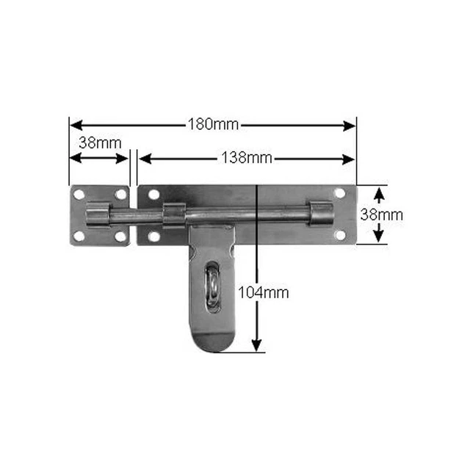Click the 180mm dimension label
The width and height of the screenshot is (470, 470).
(x=214, y=124)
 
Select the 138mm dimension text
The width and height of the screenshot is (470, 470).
(x=247, y=158)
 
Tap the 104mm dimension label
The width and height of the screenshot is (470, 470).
(x=264, y=292)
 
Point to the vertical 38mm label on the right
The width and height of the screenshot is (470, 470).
(x=382, y=215)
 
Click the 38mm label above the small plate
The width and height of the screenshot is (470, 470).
(x=100, y=143)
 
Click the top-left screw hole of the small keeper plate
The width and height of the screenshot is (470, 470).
(x=79, y=195)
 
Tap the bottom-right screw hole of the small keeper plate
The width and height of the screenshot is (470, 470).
(x=120, y=236)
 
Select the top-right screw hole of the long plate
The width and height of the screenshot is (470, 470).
(x=340, y=193)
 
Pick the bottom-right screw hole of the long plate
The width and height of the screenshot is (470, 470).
(x=340, y=235)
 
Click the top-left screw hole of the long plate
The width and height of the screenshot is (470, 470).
(x=153, y=195)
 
